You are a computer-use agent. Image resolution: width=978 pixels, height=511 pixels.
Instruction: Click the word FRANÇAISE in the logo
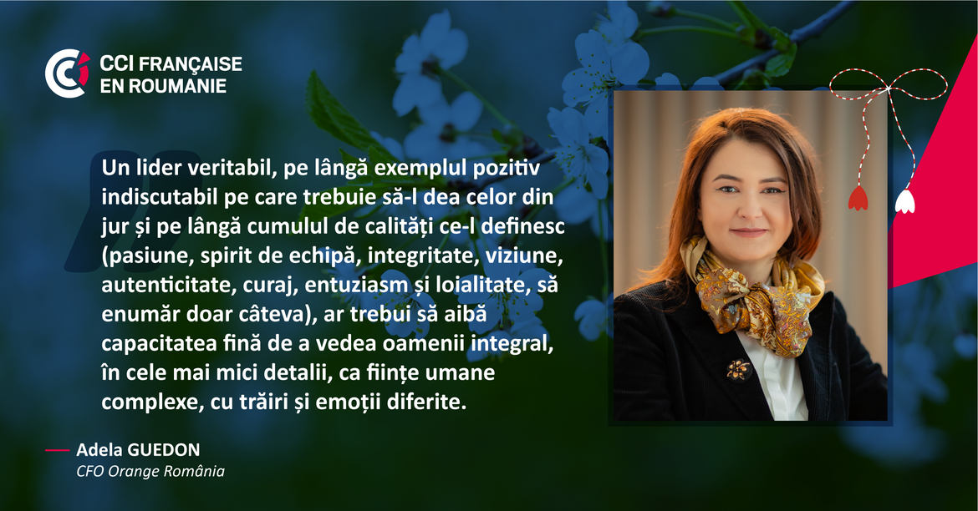pyautogui.click(x=191, y=63)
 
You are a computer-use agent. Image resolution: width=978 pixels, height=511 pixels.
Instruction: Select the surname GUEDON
pyautogui.click(x=164, y=450)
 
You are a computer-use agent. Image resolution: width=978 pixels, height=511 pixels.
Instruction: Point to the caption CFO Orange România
pyautogui.click(x=150, y=471)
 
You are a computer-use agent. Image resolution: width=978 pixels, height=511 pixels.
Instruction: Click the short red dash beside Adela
pyautogui.click(x=57, y=450)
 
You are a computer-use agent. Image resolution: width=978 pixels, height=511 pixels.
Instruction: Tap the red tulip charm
pyautogui.click(x=858, y=198)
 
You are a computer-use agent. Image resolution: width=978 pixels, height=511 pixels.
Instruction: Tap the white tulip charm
pyautogui.click(x=904, y=201)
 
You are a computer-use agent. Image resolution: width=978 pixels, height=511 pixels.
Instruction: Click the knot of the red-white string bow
pyautogui.click(x=888, y=89)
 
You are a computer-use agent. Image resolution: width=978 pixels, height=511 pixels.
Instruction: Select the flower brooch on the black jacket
pyautogui.click(x=739, y=370)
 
